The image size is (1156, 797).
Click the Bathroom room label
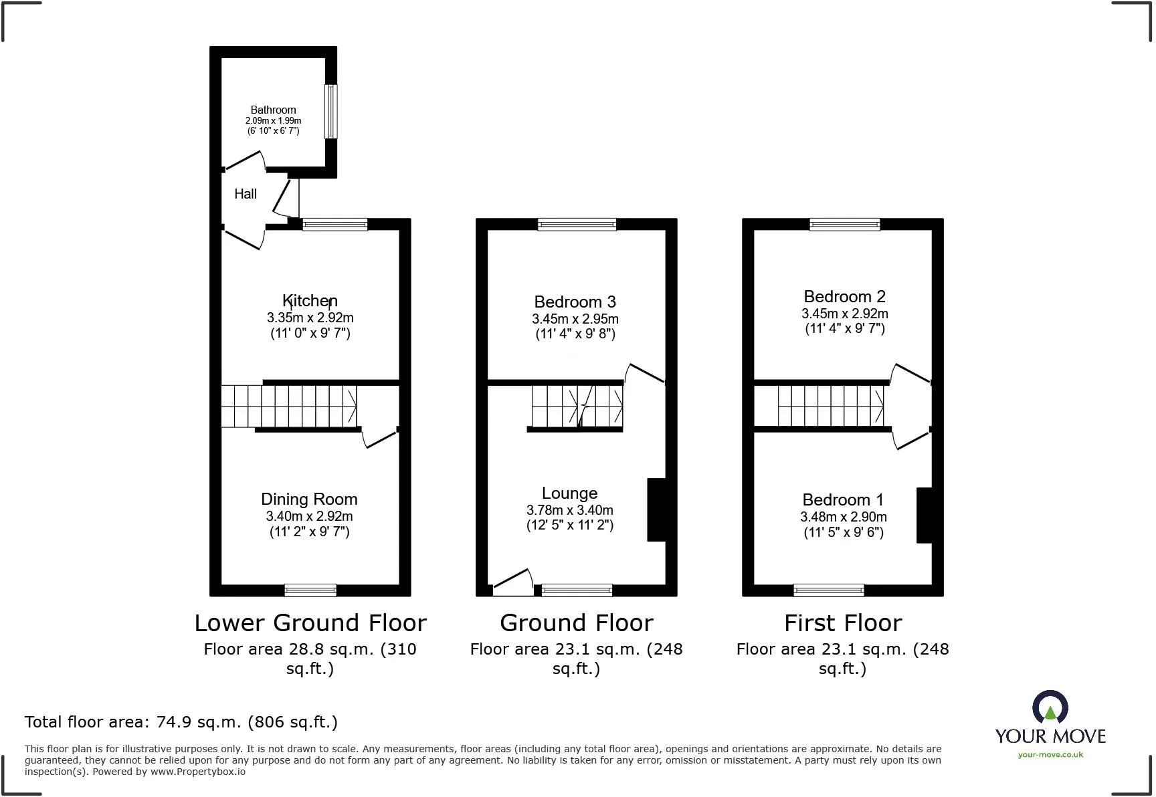pyautogui.click(x=273, y=110)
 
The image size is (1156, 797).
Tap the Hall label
pyautogui.click(x=246, y=194)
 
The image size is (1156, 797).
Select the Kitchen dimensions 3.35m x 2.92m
pyautogui.click(x=310, y=318)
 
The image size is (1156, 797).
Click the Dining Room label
pyautogui.click(x=309, y=499)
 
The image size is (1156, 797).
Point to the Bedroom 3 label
pyautogui.click(x=575, y=302)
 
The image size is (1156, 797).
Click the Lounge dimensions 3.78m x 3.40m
pyautogui.click(x=569, y=510)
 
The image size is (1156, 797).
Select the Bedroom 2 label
pyautogui.click(x=844, y=296)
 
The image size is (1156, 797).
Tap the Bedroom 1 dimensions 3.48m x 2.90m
pyautogui.click(x=843, y=517)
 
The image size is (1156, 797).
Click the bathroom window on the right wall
pyautogui.click(x=330, y=111)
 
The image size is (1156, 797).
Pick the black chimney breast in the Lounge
pyautogui.click(x=656, y=509)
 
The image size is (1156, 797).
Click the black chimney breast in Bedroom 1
pyautogui.click(x=924, y=516)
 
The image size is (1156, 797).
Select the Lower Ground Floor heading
pyautogui.click(x=310, y=622)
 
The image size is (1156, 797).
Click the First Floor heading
pyautogui.click(x=843, y=622)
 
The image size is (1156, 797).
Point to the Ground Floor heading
pyautogui.click(x=576, y=622)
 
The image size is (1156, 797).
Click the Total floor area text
pyautogui.click(x=181, y=722)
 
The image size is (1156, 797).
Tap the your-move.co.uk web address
pyautogui.click(x=1050, y=755)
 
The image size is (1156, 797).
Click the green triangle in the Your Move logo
pyautogui.click(x=1050, y=713)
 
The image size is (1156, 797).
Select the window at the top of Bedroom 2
pyautogui.click(x=844, y=225)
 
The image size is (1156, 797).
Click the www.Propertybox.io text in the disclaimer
pyautogui.click(x=197, y=772)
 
